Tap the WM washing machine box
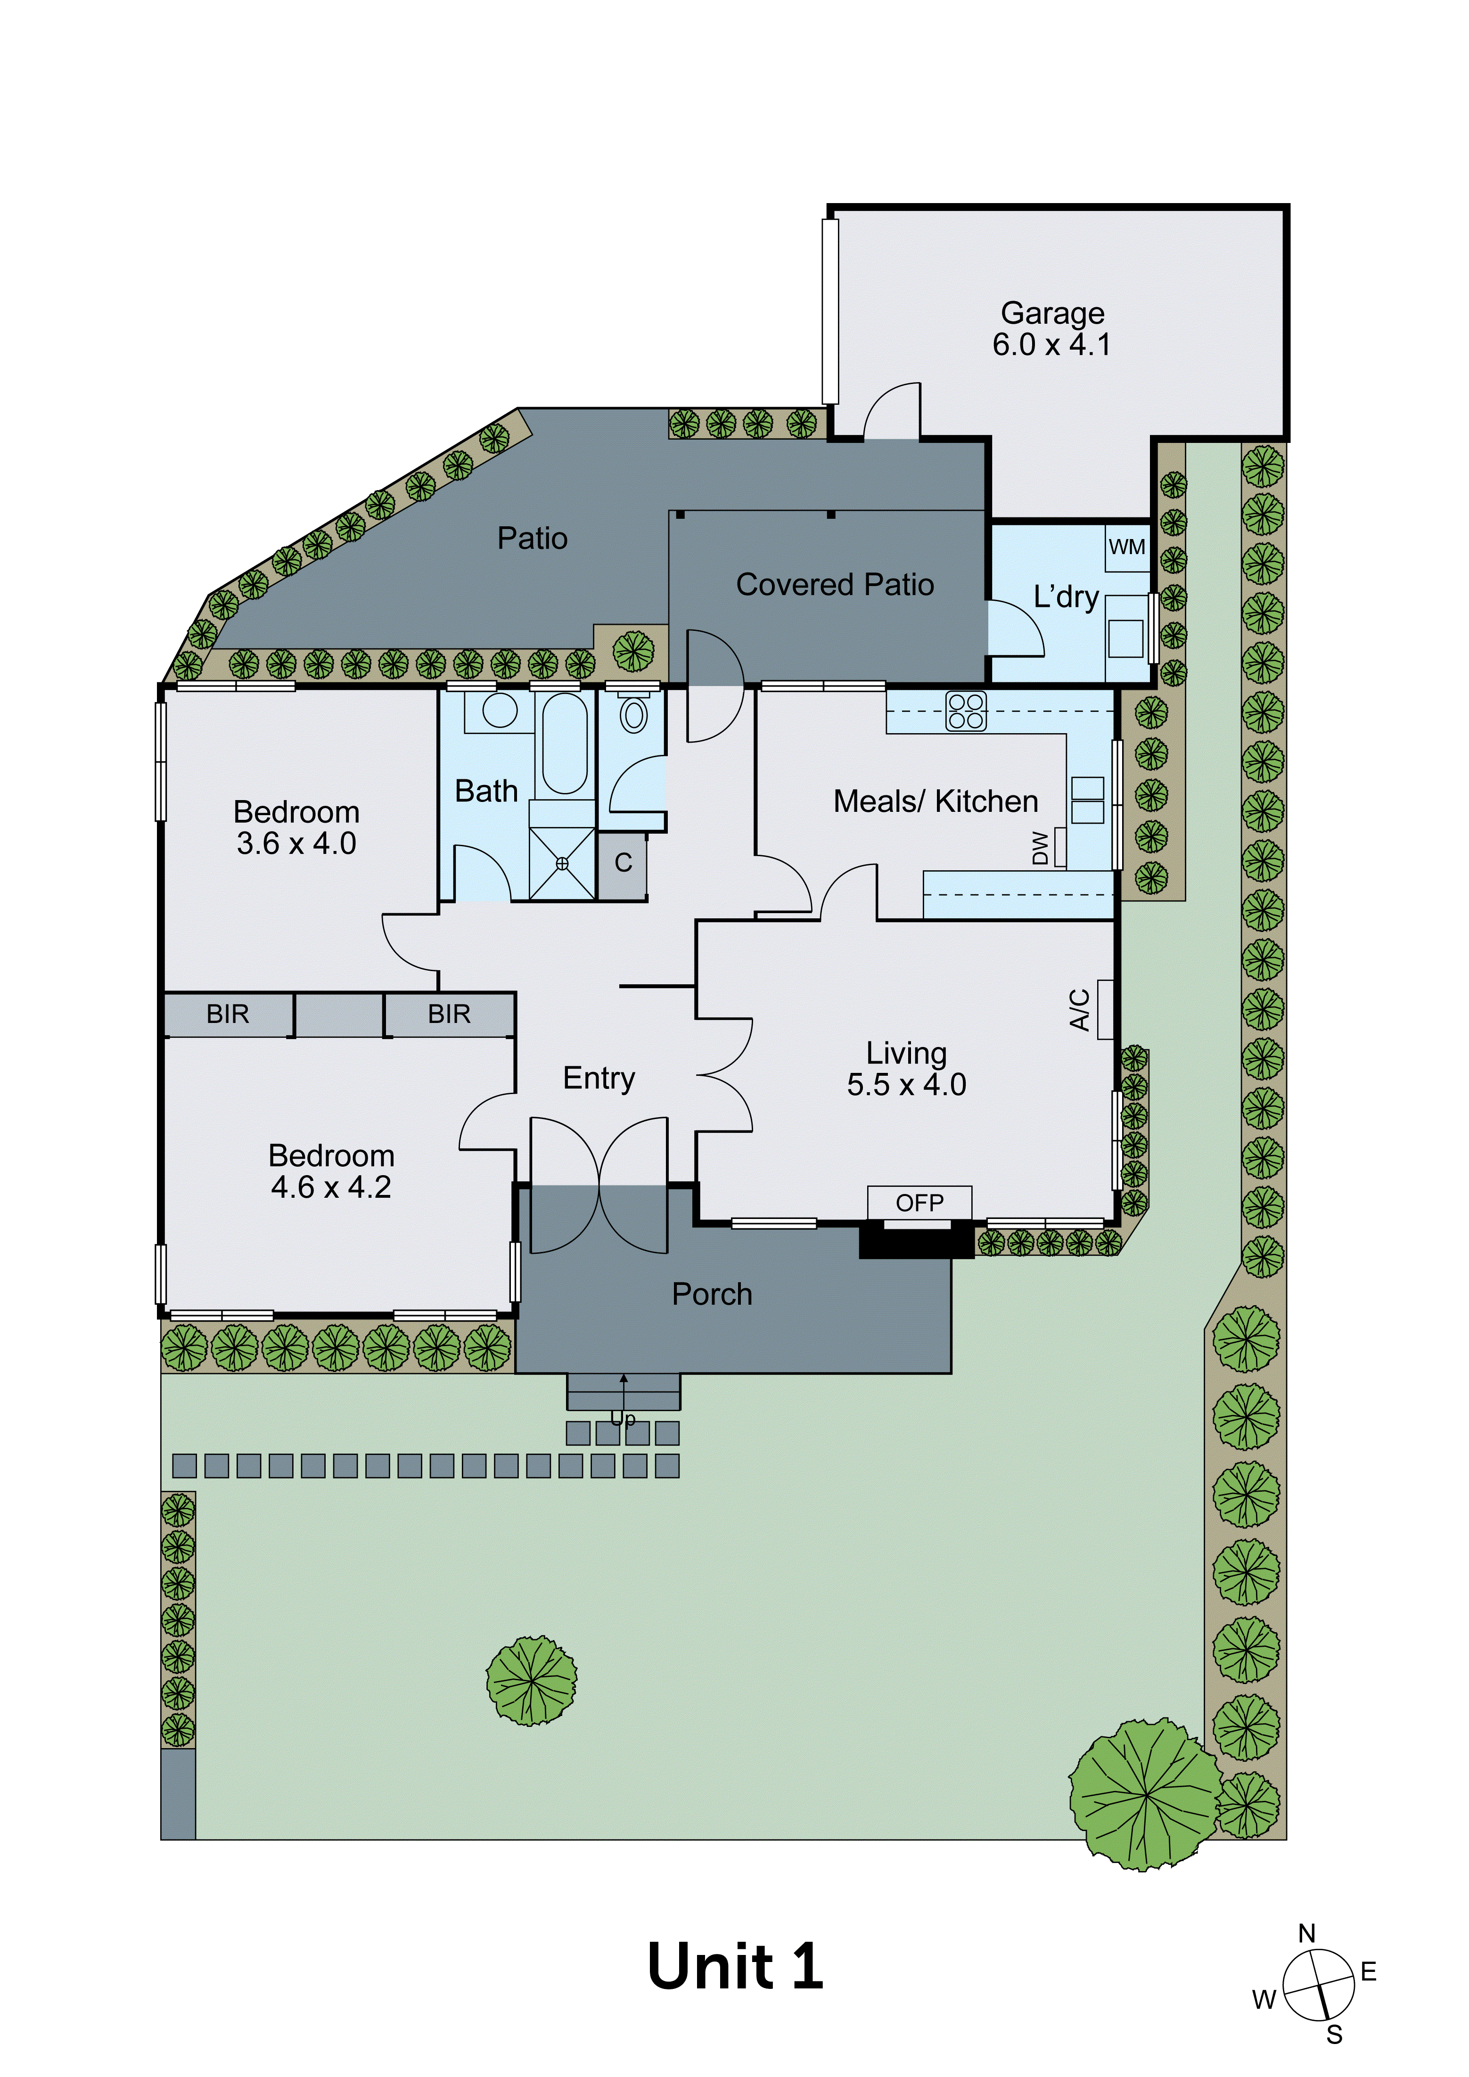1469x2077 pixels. (1126, 548)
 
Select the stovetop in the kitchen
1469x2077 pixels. (966, 711)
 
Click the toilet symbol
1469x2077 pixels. (633, 715)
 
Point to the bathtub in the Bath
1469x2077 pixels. (565, 744)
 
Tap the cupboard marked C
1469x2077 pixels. (623, 863)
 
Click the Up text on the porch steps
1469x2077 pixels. (623, 1419)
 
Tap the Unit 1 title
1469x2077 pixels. (734, 1968)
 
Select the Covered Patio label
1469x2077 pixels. (834, 585)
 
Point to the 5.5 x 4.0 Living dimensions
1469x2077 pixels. (906, 1085)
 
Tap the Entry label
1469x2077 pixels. (599, 1078)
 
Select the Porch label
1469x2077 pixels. (712, 1294)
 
